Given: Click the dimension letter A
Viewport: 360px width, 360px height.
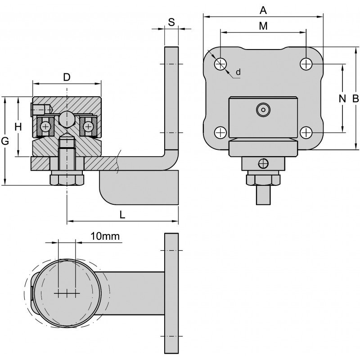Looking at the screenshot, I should click(263, 9).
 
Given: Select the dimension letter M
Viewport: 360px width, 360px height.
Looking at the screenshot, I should click(263, 26).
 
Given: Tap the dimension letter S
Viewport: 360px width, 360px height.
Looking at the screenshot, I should click(171, 22).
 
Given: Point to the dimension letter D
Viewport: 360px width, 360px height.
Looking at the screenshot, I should click(67, 77).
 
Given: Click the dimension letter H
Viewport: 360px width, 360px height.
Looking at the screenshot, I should click(18, 127).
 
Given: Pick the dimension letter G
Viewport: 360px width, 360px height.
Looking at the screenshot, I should click(5, 141).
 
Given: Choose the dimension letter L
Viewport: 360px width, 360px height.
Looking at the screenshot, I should click(122, 215).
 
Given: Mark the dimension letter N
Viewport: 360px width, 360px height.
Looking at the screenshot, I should click(342, 99).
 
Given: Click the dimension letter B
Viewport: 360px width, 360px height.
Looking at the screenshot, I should click(355, 99).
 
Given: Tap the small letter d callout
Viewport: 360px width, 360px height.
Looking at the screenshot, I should click(238, 72).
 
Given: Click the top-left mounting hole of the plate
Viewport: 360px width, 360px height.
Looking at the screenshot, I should click(220, 64).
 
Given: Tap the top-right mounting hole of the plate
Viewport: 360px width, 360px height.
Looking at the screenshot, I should click(306, 64).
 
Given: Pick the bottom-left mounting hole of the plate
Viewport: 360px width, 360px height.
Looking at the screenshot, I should click(220, 133).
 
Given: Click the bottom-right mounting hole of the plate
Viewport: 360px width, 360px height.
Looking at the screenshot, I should click(306, 133).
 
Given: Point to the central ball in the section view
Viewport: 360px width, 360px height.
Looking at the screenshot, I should click(67, 119).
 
